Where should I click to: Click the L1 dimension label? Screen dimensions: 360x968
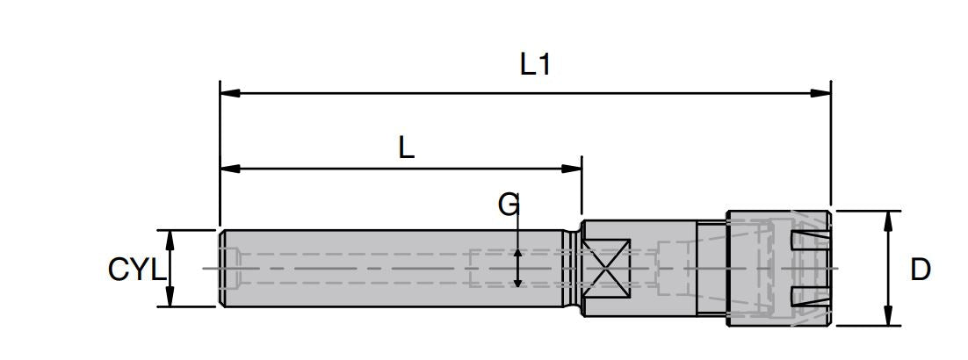[x=535, y=64]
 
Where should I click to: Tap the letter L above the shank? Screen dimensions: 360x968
[x=405, y=148]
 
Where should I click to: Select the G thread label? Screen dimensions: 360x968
[x=509, y=205]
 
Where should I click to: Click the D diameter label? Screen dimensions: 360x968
[x=920, y=270]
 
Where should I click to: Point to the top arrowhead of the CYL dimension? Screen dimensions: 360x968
[x=170, y=237]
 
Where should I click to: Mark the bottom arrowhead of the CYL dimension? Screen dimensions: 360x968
[x=170, y=300]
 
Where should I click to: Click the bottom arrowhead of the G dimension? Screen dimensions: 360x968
[x=518, y=281]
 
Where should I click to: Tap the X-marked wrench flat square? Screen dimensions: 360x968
[x=608, y=268]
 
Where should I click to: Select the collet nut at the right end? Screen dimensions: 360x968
[x=778, y=268]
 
